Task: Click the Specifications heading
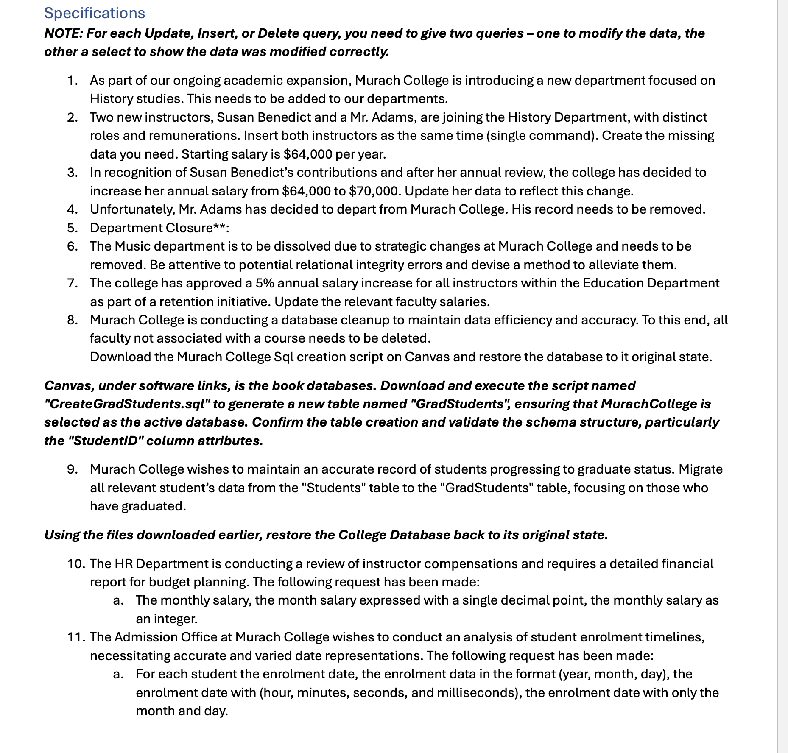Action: [95, 13]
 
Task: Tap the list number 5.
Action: [73, 228]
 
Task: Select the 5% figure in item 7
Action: [264, 283]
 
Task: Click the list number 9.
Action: [73, 469]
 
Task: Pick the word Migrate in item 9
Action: [700, 469]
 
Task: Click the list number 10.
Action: [77, 564]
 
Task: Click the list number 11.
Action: [77, 637]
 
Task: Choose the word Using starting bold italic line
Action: [62, 535]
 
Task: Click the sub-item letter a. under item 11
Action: [118, 674]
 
